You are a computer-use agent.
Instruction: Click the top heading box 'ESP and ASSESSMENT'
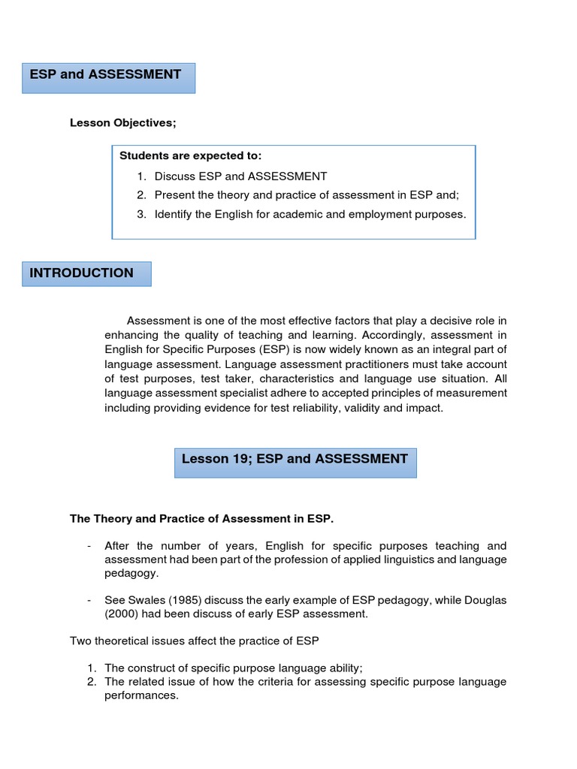pyautogui.click(x=108, y=77)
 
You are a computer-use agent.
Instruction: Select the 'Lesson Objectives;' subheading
pyautogui.click(x=123, y=122)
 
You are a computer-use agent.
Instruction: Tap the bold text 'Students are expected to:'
pyautogui.click(x=191, y=155)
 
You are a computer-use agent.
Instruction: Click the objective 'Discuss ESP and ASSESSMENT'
pyautogui.click(x=240, y=176)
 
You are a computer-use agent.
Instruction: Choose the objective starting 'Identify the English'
pyautogui.click(x=310, y=214)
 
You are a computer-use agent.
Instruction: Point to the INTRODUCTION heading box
pyautogui.click(x=86, y=274)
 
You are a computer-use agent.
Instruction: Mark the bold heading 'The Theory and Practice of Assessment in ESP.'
pyautogui.click(x=201, y=518)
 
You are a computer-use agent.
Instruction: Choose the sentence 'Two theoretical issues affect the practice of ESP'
pyautogui.click(x=195, y=641)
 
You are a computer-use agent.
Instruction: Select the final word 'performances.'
pyautogui.click(x=141, y=695)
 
